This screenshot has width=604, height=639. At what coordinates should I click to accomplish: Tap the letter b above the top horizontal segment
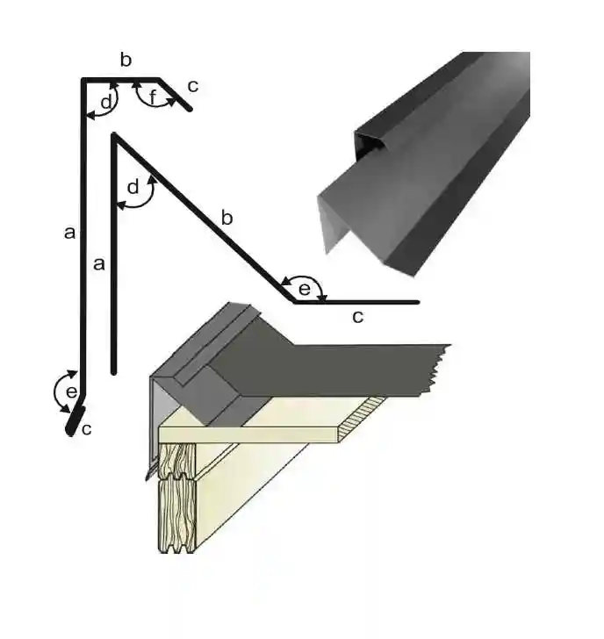coord(126,60)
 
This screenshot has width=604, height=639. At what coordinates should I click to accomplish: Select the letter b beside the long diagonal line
coord(226,218)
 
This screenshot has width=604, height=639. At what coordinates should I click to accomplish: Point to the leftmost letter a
coord(69,233)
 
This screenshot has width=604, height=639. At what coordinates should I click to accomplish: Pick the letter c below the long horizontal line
coord(357,317)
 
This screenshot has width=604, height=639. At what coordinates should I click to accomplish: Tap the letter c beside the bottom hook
coord(86,429)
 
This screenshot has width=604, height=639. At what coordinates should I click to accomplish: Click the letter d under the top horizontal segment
coord(105,102)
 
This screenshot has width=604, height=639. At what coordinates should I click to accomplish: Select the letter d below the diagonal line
coord(133,187)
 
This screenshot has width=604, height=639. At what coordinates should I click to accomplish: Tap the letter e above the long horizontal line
coord(305,288)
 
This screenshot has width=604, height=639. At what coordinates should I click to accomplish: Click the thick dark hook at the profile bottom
coord(73,422)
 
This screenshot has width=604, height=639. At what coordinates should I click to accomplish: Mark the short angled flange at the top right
coord(176,95)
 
